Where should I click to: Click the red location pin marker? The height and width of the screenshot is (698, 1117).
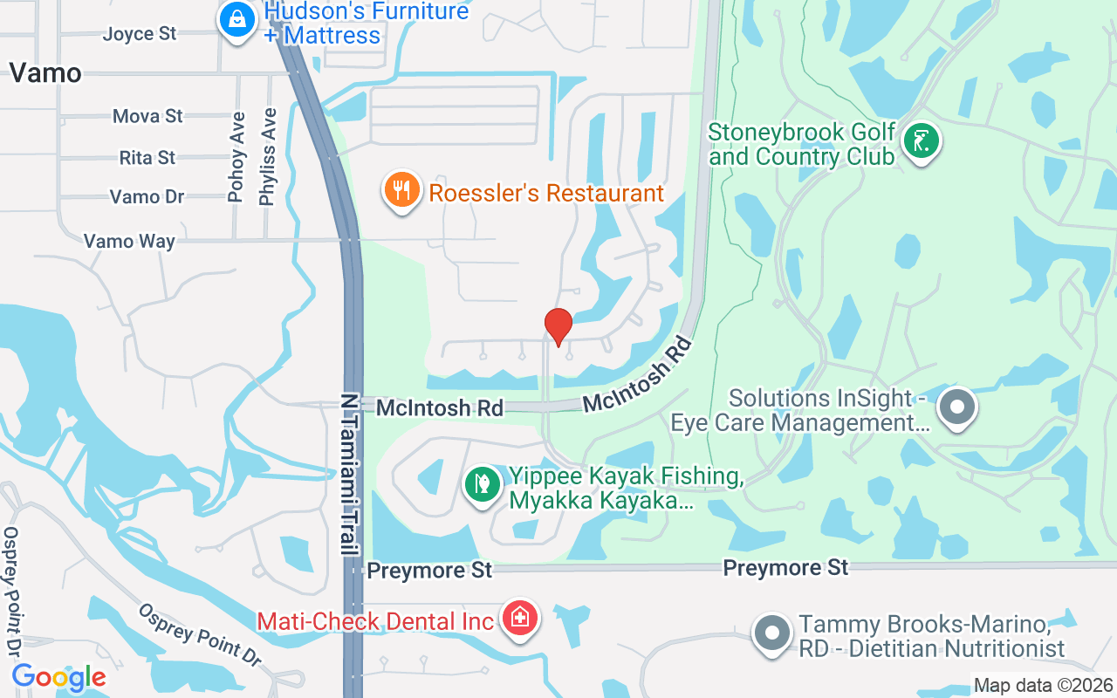[558, 325]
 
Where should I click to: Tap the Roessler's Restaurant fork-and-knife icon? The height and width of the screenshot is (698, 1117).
[401, 189]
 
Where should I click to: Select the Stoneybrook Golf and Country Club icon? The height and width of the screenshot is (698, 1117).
[920, 140]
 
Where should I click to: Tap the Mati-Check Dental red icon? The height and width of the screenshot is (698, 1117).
[520, 619]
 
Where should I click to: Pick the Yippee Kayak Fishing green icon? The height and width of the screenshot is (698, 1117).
[481, 482]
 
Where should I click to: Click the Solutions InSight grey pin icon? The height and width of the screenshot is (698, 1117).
[957, 407]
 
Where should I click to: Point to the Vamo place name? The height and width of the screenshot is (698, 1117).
[45, 72]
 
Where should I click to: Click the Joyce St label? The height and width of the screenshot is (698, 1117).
[140, 34]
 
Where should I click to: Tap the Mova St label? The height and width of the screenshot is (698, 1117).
[148, 116]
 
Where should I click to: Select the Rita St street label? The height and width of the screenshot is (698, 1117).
[147, 158]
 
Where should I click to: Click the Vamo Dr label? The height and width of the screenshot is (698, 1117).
[147, 197]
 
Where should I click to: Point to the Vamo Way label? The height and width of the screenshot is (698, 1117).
[129, 241]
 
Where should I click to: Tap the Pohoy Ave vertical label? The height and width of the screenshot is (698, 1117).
[236, 157]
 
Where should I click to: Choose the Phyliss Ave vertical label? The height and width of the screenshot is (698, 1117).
[268, 157]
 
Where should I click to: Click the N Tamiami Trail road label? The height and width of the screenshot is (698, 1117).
[351, 475]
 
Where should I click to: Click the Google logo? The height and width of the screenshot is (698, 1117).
[58, 677]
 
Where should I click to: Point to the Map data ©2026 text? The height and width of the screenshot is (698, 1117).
[1044, 685]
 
